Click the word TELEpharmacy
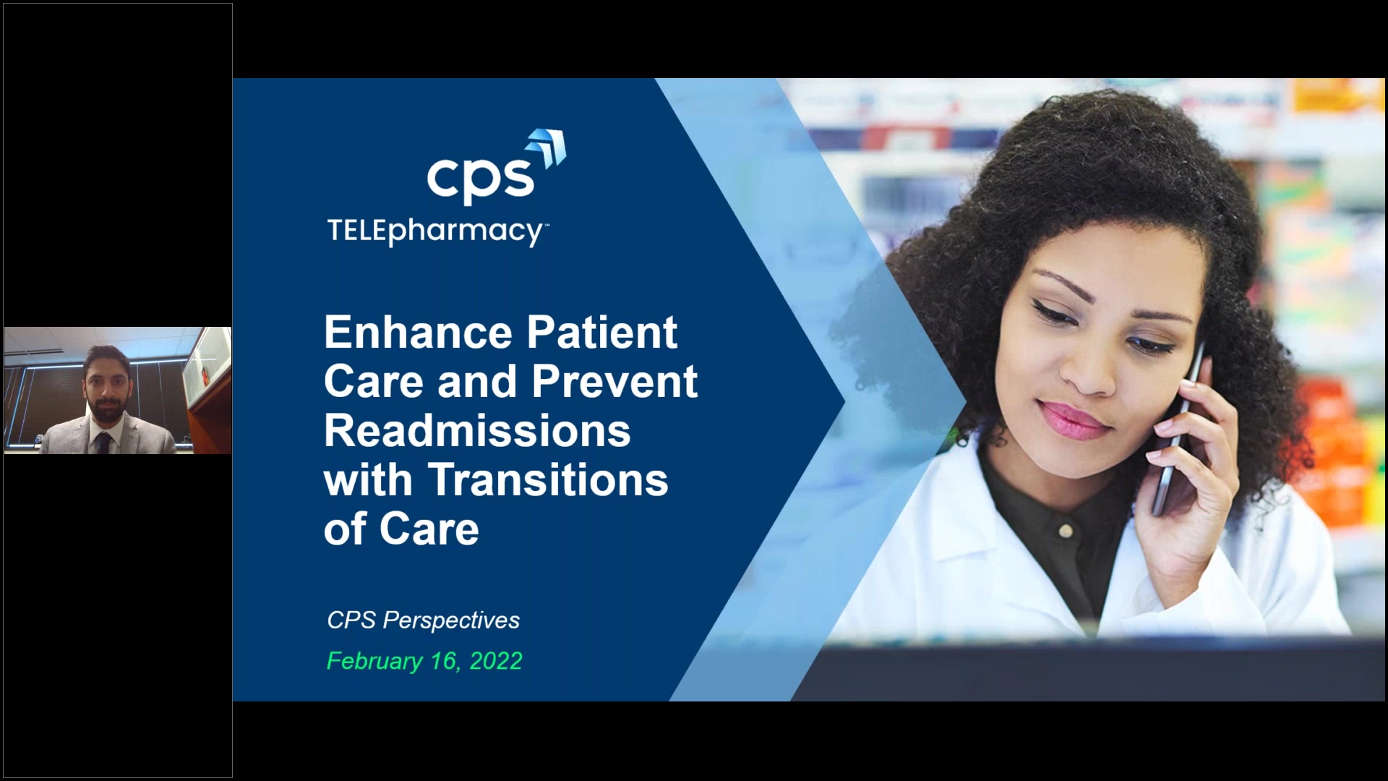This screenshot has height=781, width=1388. [435, 231]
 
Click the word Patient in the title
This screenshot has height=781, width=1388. [601, 333]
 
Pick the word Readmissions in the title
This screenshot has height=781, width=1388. [477, 431]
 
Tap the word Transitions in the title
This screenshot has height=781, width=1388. [548, 480]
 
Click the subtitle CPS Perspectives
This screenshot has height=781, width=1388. [423, 620]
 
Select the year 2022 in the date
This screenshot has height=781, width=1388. [496, 662]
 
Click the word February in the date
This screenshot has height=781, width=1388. [374, 662]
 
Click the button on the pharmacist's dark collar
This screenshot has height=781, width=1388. [1065, 532]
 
